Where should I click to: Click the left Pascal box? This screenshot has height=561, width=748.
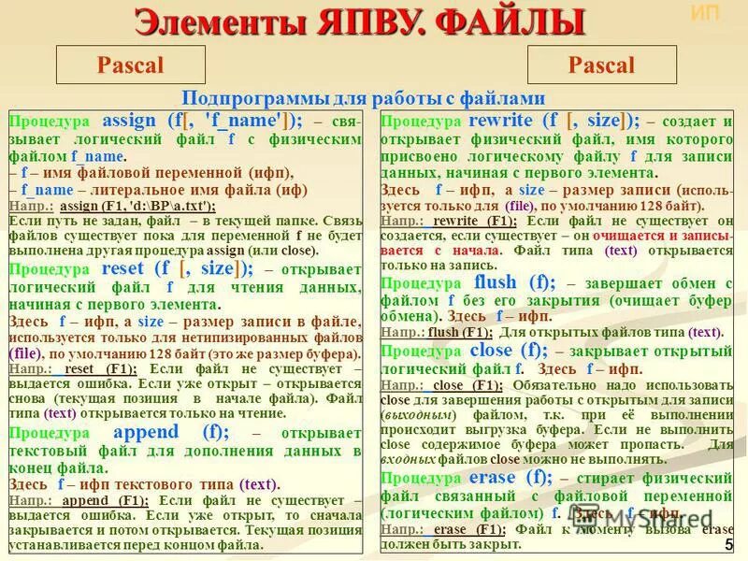[x=130, y=65]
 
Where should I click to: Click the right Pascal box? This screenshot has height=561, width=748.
[x=601, y=65]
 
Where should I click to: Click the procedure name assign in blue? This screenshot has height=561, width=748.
[x=129, y=121]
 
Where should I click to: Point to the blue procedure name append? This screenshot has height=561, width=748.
[x=144, y=432]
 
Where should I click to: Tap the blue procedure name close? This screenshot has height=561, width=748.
[x=493, y=350]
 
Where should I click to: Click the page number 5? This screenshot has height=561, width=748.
[x=728, y=545]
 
